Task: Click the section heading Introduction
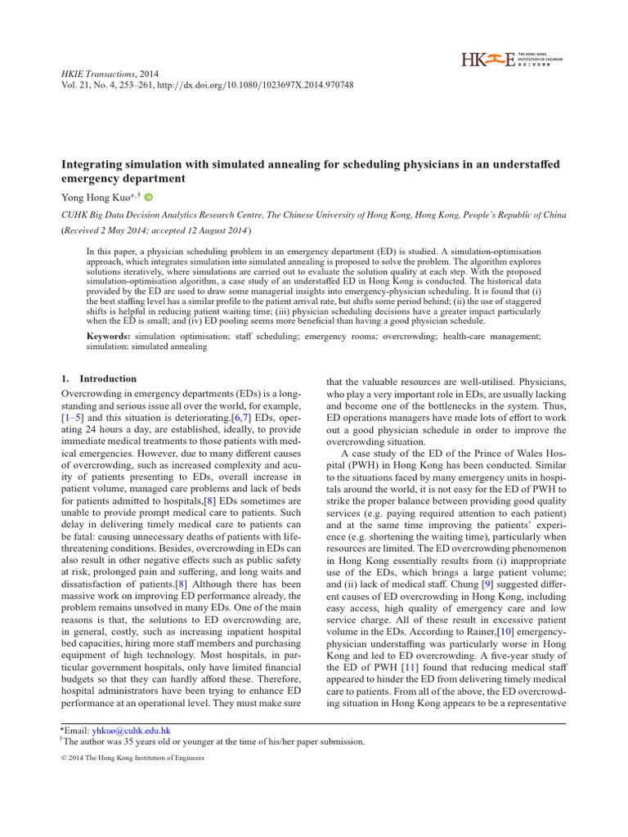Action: pos(108,379)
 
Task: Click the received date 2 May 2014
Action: pos(136,231)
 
